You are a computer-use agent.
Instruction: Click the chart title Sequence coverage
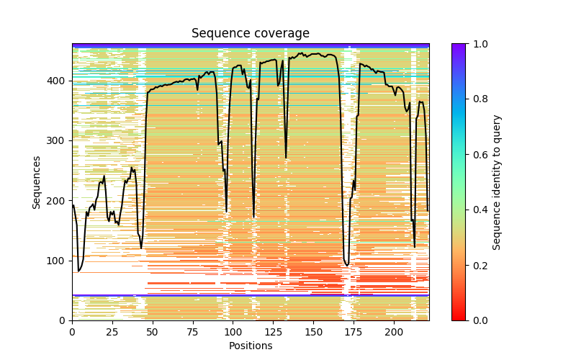pos(250,34)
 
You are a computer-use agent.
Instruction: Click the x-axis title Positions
pos(250,346)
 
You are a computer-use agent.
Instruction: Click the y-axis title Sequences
pos(37,182)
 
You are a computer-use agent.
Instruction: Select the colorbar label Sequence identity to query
pos(497,182)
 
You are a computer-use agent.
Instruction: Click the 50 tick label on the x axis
pos(153,331)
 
